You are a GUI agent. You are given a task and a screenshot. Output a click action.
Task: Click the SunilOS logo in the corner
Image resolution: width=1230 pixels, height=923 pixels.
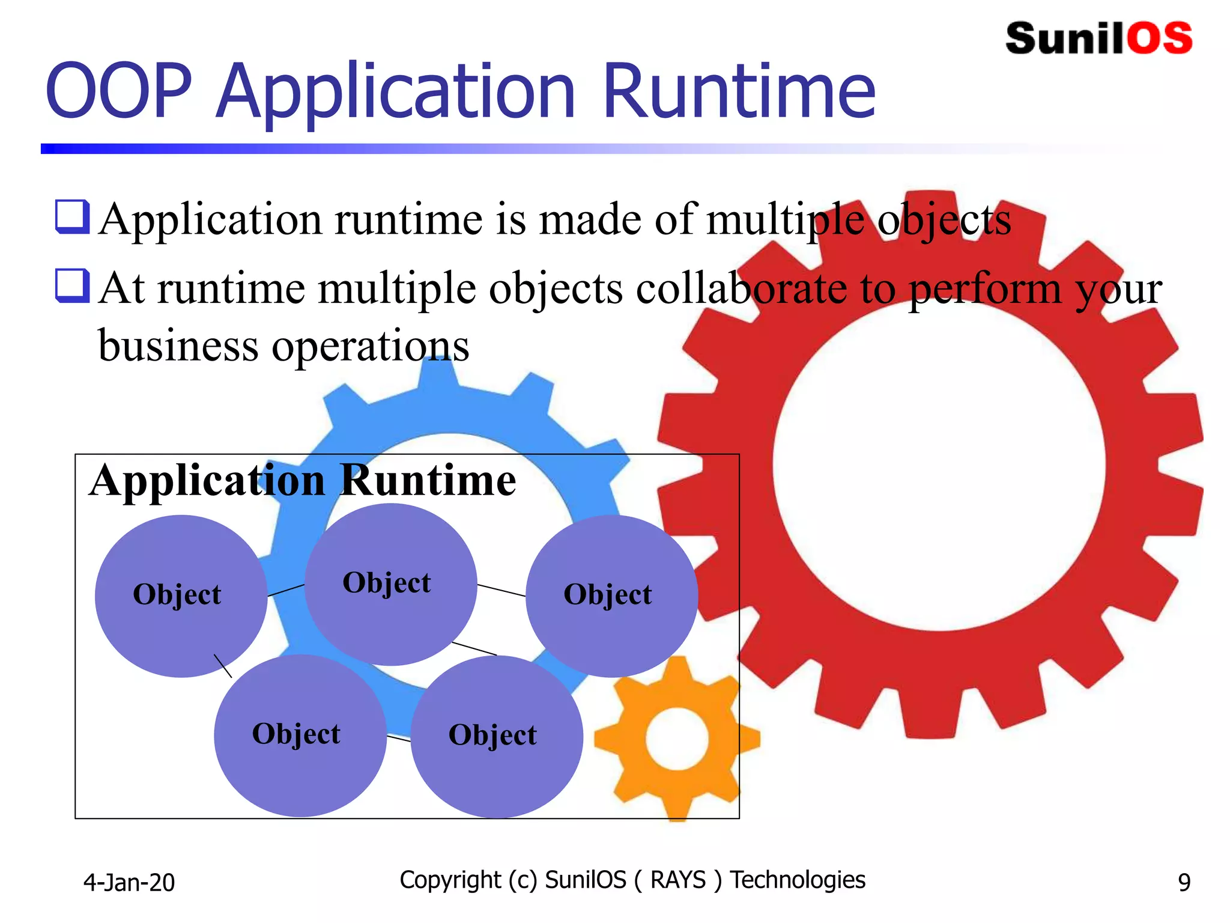click(x=1098, y=38)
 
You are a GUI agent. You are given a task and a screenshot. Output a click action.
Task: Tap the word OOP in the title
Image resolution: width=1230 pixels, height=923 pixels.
click(x=119, y=91)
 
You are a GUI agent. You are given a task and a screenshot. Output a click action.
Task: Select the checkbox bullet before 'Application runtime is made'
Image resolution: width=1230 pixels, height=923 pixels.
click(x=73, y=216)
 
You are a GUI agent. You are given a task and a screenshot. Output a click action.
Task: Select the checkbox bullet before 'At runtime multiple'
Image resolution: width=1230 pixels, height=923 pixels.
click(x=73, y=285)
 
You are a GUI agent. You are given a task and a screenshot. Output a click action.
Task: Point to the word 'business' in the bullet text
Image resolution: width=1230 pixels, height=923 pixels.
click(x=178, y=346)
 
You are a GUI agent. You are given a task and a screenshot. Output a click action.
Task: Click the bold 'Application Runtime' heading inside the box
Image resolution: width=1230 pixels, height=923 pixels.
click(x=303, y=481)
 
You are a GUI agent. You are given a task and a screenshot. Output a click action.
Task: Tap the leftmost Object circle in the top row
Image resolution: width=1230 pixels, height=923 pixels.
click(x=180, y=595)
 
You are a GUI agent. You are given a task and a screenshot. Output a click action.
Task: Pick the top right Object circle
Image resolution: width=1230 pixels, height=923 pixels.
click(x=611, y=595)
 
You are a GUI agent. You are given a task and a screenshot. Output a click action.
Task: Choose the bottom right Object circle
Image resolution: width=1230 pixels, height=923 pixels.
click(x=496, y=737)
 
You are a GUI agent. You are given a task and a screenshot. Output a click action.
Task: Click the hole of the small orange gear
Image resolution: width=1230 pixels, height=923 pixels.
click(x=677, y=739)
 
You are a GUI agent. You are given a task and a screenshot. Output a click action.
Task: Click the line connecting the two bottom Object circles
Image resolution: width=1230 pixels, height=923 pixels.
click(x=399, y=738)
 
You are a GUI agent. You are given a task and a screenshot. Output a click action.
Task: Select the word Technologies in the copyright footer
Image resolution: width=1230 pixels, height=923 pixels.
click(x=798, y=880)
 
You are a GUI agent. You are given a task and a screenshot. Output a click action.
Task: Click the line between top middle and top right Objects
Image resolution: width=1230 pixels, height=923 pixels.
click(x=501, y=590)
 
